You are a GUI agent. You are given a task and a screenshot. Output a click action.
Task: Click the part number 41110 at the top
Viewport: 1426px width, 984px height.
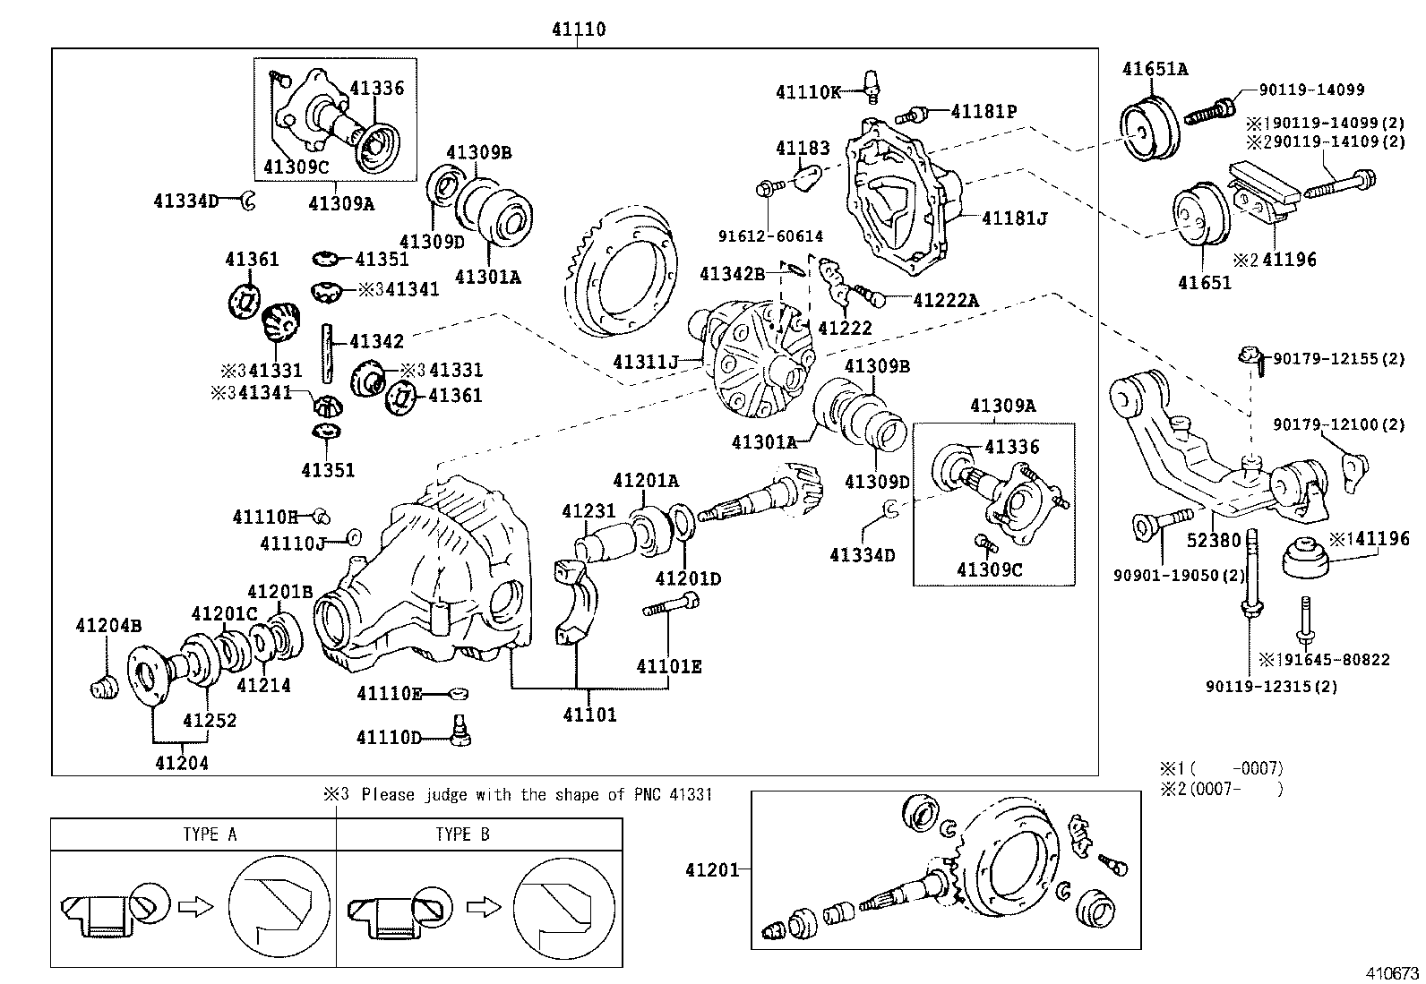pyautogui.click(x=577, y=30)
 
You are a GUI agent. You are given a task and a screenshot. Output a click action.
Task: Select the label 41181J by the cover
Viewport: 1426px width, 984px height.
pyautogui.click(x=1014, y=218)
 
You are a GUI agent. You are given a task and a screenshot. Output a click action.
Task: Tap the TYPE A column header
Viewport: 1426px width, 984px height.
pyautogui.click(x=209, y=834)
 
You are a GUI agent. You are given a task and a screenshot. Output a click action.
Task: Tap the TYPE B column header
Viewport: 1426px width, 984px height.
pyautogui.click(x=462, y=834)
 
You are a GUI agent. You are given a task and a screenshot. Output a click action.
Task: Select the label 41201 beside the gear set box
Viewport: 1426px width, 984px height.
pyautogui.click(x=712, y=869)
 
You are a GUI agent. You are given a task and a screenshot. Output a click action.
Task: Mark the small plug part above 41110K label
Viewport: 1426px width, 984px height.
pyautogui.click(x=869, y=81)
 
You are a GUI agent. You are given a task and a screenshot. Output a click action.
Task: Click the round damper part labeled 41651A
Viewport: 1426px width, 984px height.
pyautogui.click(x=1149, y=129)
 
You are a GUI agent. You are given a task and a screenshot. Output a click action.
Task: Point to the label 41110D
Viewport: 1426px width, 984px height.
pyautogui.click(x=388, y=737)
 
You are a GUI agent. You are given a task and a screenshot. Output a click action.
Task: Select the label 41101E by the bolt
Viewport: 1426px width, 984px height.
pyautogui.click(x=668, y=666)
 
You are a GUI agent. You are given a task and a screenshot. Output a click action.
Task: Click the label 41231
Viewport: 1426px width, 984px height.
pyautogui.click(x=588, y=511)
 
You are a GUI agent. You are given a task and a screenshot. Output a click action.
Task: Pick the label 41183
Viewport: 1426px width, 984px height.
pyautogui.click(x=803, y=149)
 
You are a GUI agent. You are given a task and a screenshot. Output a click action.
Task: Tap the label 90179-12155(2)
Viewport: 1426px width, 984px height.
pyautogui.click(x=1339, y=359)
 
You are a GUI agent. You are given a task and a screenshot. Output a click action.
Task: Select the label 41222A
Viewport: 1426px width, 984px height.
pyautogui.click(x=945, y=301)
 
